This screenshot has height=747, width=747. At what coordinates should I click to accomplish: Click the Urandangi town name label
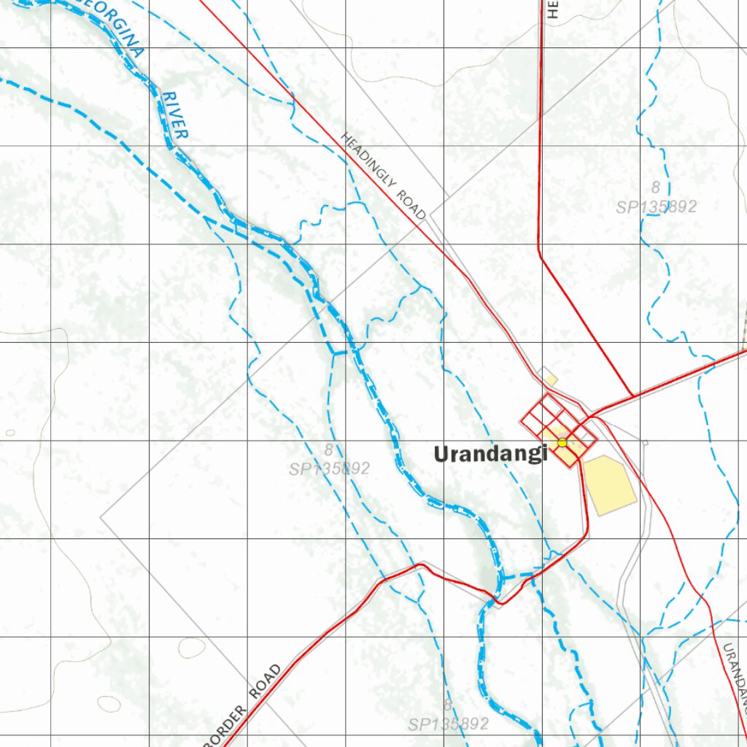coord(490,454)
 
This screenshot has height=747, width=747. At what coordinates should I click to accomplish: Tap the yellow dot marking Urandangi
coord(562,442)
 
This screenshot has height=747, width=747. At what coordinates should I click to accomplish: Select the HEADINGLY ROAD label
coord(384,177)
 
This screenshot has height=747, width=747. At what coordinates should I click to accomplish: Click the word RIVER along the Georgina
coord(175,115)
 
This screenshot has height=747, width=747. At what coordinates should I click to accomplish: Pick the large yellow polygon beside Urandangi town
coord(609,484)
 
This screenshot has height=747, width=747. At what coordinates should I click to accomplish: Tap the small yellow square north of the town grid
coord(551,379)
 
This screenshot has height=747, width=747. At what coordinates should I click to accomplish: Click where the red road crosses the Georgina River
coord(499,600)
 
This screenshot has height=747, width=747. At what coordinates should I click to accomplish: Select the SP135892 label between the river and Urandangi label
coord(329,468)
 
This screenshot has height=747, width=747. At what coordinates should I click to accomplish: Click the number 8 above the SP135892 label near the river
coord(329,449)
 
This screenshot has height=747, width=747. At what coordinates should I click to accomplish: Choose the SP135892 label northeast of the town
coord(656,206)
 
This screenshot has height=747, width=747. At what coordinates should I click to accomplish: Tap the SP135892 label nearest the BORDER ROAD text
coord(448,724)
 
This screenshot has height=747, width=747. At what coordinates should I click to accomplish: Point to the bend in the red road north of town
coord(540,252)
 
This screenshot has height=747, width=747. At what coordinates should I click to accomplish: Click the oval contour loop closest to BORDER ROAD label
coord(109,703)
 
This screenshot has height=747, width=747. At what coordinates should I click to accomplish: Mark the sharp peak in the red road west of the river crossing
coord(420,564)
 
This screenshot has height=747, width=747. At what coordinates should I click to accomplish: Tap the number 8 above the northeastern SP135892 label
coord(656,187)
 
